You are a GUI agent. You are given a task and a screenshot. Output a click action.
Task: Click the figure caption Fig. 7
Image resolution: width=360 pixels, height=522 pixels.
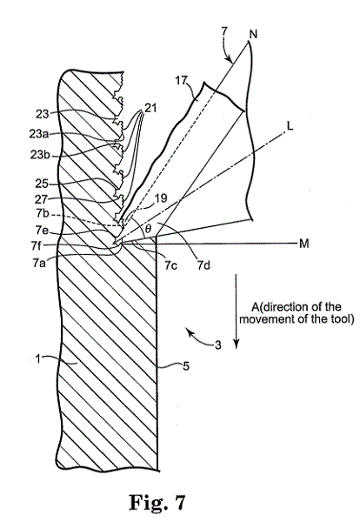(157, 502)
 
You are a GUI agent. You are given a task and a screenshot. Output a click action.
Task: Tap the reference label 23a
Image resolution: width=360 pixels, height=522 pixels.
(38, 134)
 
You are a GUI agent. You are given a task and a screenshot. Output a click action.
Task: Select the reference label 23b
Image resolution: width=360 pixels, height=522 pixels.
(39, 155)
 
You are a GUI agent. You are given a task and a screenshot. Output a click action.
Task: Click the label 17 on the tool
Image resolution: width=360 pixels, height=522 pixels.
(182, 81)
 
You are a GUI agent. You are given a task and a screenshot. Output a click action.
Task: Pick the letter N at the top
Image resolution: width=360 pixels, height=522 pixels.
(253, 34)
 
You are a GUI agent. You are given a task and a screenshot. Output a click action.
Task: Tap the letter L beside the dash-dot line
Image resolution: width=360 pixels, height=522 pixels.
(290, 126)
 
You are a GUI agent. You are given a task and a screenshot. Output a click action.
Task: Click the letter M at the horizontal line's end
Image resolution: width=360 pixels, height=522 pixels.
(303, 244)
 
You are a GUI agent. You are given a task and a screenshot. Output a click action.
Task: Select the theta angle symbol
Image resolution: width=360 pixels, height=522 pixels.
(149, 229)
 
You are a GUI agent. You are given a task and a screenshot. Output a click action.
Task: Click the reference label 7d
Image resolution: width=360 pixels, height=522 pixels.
(203, 265)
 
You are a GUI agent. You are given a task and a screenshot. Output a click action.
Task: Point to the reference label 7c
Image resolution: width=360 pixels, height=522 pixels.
(170, 265)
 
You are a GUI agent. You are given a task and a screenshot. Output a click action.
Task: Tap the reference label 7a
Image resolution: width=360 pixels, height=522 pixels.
(39, 263)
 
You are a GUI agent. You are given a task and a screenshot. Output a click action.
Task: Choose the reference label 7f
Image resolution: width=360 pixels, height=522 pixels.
(37, 246)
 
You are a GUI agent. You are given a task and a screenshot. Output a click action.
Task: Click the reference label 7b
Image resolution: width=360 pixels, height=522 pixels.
(43, 213)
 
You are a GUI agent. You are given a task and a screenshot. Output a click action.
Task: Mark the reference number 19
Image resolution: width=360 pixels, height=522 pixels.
(160, 198)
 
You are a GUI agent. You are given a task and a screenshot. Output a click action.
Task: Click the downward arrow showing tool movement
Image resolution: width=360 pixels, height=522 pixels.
(237, 311)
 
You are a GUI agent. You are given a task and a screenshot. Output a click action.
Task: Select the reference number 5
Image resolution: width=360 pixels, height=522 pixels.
(186, 366)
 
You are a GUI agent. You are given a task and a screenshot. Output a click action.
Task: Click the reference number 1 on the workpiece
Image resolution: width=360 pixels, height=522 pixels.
(38, 359)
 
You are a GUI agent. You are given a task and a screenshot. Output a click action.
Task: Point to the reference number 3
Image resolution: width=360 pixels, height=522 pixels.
(217, 345)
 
